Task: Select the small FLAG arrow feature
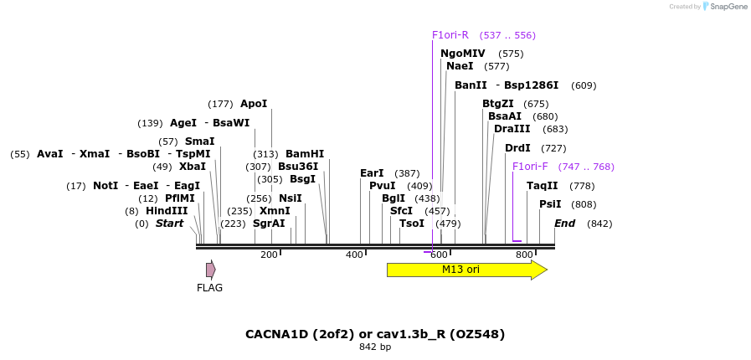[211, 270]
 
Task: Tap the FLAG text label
[210, 288]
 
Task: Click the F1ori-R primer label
[450, 35]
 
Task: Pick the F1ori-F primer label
[530, 167]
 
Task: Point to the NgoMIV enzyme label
[463, 54]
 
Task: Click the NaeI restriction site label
[460, 66]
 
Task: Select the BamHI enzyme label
[305, 154]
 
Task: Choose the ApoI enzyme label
[254, 104]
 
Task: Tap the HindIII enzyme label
[167, 211]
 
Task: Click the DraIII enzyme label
[512, 129]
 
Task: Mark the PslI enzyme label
[550, 204]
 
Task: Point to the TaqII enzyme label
[543, 186]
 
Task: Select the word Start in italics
[169, 224]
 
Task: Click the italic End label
[565, 224]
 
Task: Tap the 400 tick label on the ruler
[354, 255]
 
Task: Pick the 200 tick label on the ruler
[269, 255]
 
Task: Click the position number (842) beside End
[599, 224]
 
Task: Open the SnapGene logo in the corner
[725, 7]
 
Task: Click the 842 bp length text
[375, 347]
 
